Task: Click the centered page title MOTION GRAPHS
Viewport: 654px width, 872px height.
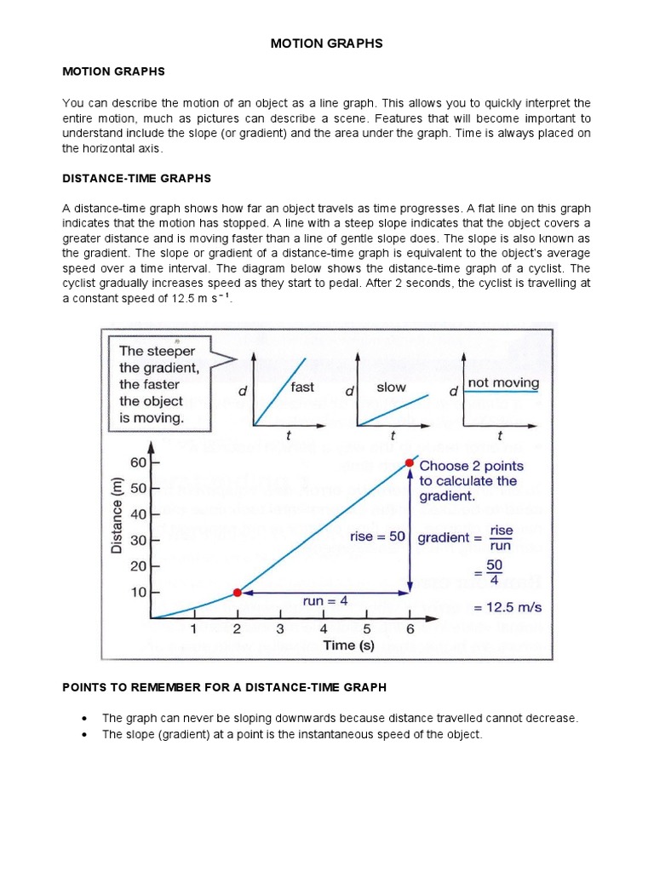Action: (327, 43)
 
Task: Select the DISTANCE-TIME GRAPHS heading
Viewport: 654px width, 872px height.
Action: (136, 178)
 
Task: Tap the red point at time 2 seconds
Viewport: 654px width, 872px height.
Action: (238, 592)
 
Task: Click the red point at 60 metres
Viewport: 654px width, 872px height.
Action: (410, 463)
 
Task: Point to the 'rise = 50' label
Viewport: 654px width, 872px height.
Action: (377, 537)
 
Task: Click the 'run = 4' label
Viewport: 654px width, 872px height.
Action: (324, 601)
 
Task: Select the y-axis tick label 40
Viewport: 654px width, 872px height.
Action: (138, 514)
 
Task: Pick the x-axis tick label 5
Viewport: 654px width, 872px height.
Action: (366, 630)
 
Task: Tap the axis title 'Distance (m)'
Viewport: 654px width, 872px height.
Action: (118, 516)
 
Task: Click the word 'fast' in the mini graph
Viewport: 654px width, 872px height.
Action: (302, 387)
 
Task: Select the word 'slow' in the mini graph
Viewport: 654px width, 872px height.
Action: (391, 387)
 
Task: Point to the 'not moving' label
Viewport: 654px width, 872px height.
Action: (503, 383)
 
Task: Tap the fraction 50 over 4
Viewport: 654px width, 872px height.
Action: (494, 573)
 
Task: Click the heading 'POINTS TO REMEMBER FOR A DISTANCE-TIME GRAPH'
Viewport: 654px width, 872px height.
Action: (225, 687)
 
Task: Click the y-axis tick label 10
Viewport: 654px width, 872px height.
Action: (138, 592)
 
